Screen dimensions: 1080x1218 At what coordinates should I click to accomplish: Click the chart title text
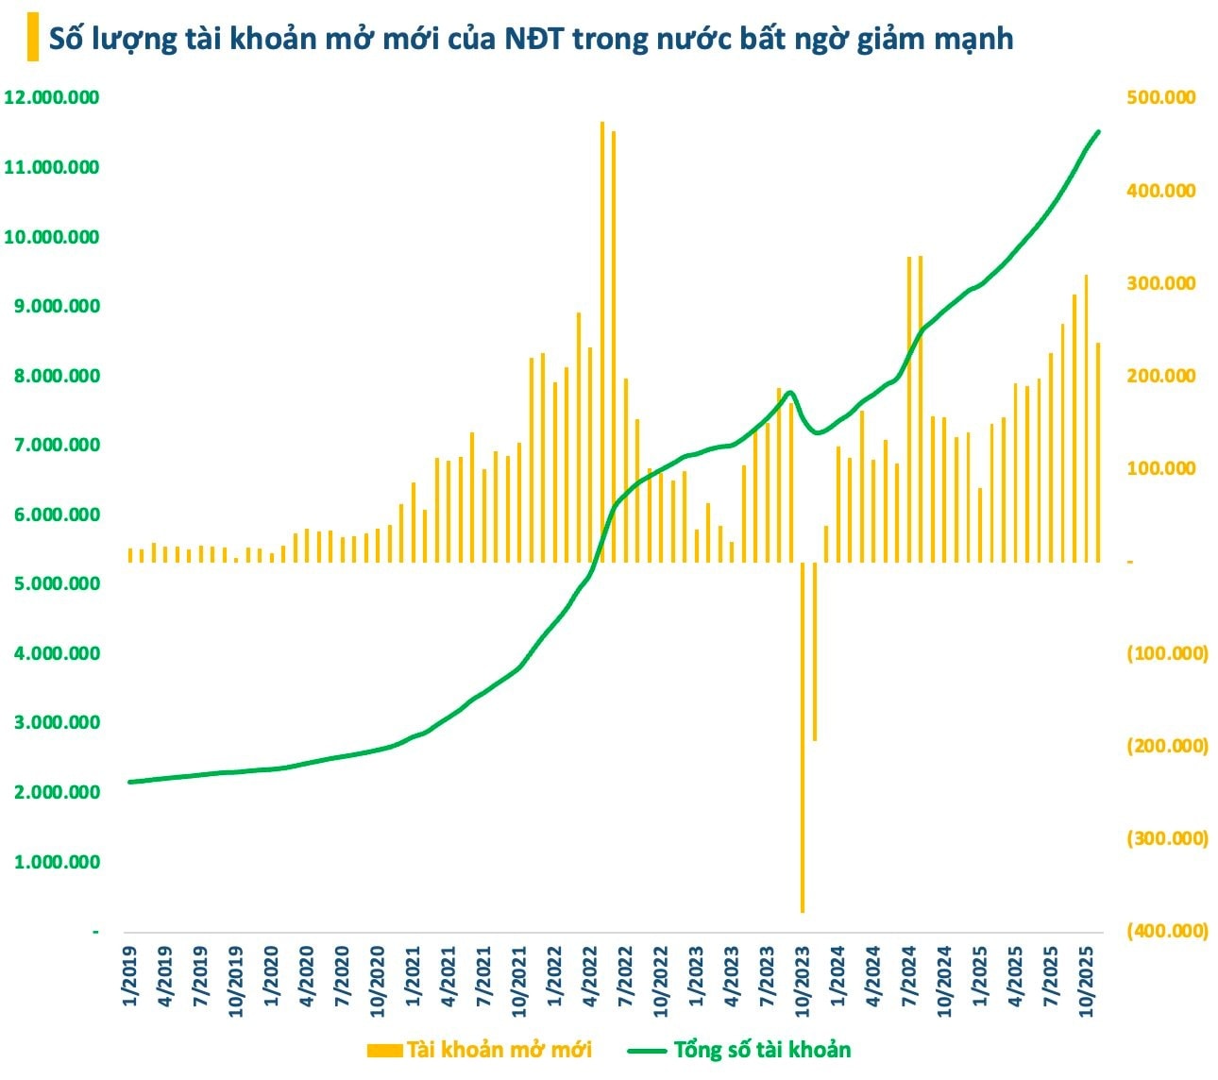coord(531,39)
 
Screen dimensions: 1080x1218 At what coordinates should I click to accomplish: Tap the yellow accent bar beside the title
coord(33,39)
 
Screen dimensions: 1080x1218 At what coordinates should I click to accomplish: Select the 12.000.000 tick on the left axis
coord(52,97)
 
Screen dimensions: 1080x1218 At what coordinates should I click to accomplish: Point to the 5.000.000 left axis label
coord(52,583)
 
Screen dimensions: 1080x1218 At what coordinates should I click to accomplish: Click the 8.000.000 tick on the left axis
coord(52,376)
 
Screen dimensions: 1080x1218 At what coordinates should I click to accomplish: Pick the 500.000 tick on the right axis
coord(1160,97)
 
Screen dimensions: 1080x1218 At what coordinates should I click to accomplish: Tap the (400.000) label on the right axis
coord(1167,931)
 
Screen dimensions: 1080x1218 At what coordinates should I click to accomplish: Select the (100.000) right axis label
coord(1167,653)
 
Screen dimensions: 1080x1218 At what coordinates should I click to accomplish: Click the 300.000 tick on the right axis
coord(1160,283)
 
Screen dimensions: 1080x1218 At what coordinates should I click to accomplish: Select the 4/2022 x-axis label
coord(590,976)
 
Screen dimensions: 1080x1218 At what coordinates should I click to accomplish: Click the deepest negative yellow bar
coord(803,736)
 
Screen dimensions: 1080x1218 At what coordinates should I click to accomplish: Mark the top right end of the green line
coord(1098,132)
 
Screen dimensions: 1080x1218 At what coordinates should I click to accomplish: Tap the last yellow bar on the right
coord(1098,452)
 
